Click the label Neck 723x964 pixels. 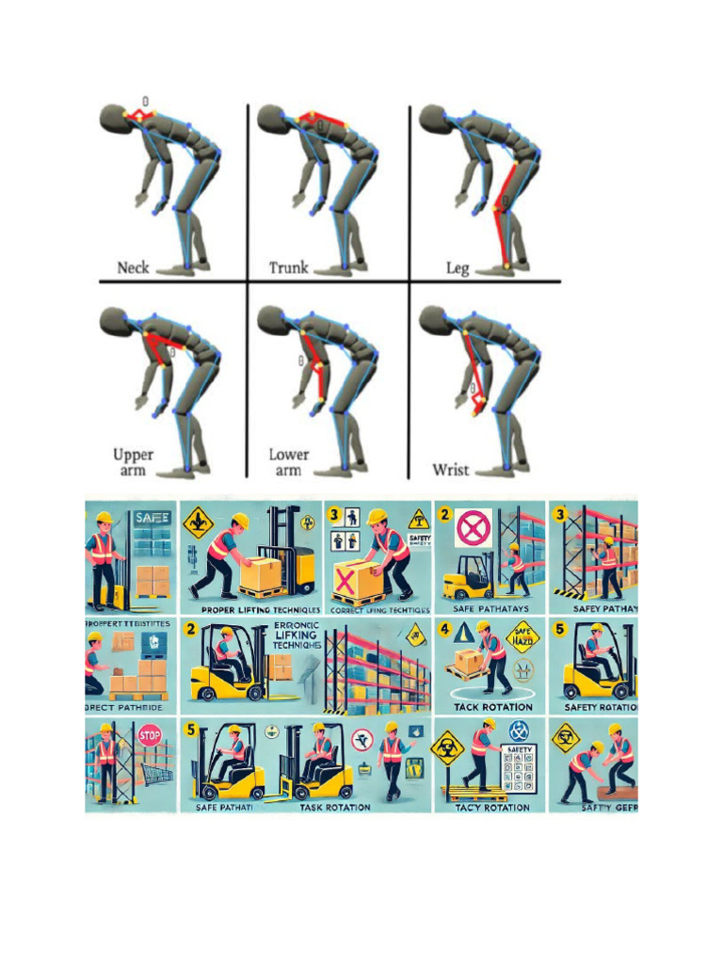(133, 267)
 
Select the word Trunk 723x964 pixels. (289, 267)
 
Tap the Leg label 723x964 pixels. (457, 267)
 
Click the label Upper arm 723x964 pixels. (133, 462)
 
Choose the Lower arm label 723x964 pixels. (288, 462)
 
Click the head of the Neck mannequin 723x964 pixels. (112, 118)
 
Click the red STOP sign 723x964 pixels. (147, 735)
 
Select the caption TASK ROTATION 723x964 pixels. (334, 807)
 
